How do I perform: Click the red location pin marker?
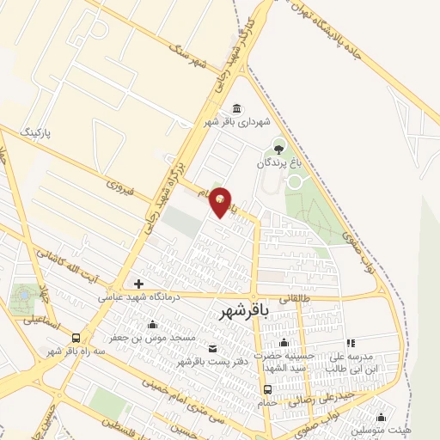pos(221,200)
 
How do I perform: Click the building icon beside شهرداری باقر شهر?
pos(237,107)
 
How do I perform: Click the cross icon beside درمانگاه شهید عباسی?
pos(138,284)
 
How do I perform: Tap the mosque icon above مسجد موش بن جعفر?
pos(153,325)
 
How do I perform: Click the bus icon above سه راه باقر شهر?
pos(77,338)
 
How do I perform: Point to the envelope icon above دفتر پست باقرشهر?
pos(213,348)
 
